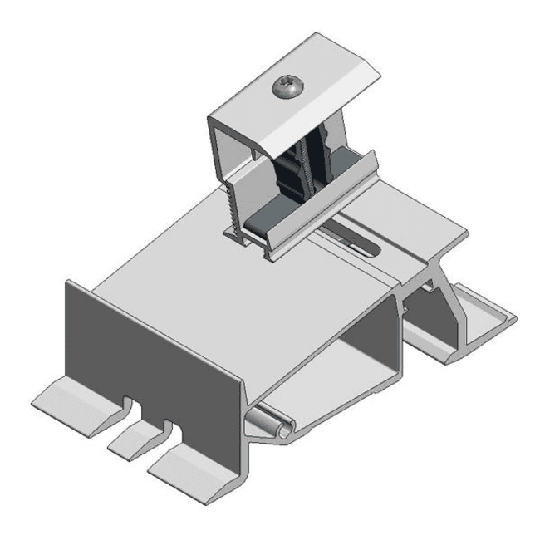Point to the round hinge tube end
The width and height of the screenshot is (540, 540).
(x=282, y=428)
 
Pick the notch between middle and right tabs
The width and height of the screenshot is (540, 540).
(x=170, y=435)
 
